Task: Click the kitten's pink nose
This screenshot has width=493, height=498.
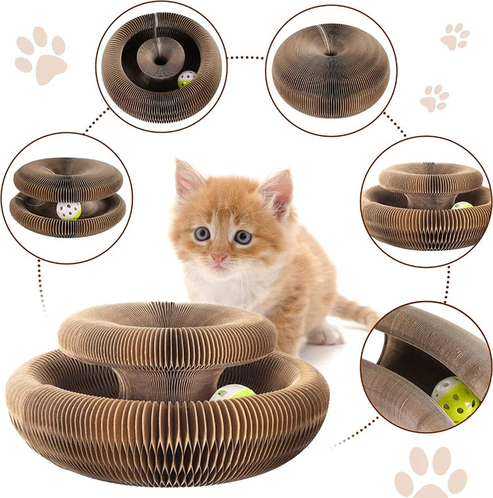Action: [x=218, y=257]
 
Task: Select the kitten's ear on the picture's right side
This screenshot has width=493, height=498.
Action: [x=278, y=191]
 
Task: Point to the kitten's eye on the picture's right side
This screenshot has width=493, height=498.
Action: [x=243, y=237]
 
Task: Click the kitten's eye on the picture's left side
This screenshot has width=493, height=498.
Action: [x=202, y=233]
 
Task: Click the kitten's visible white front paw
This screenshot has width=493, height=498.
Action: [x=325, y=335]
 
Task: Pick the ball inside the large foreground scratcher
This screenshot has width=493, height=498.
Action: [x=231, y=393]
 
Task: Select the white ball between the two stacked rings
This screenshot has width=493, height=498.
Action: [x=69, y=210]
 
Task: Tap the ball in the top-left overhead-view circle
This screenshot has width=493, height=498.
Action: [x=187, y=79]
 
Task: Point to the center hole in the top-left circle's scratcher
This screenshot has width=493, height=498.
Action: [x=160, y=60]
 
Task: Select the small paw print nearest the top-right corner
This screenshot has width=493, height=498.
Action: [x=456, y=37]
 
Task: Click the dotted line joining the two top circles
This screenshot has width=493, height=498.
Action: [x=246, y=58]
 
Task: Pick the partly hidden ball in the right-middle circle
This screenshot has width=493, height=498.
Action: [x=462, y=206]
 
